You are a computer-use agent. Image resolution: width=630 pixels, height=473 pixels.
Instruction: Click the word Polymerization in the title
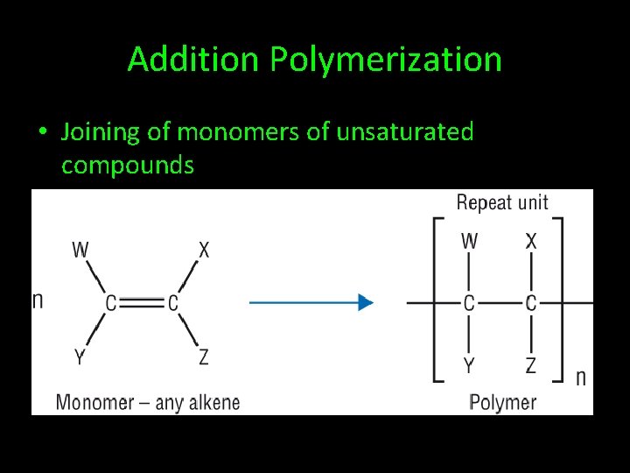coord(386,60)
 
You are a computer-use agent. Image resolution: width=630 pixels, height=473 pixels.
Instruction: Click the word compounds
coord(128,165)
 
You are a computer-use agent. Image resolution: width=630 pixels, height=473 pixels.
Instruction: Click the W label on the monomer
coord(80,251)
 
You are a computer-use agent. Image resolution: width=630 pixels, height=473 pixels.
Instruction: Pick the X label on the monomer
coord(204,251)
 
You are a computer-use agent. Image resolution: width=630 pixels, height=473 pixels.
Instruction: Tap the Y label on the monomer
coord(80,357)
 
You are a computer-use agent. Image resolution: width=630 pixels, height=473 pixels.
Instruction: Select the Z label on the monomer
coord(204,357)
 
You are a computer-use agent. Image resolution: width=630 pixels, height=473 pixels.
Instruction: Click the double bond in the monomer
coord(142,303)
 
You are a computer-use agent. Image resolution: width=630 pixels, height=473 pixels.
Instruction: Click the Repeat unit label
coord(502,203)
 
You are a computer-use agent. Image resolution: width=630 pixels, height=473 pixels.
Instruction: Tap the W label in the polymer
coord(470,241)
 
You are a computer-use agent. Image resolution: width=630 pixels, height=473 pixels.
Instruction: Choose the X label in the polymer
coord(531,241)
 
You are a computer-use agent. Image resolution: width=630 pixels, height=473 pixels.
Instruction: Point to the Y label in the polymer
coord(470,365)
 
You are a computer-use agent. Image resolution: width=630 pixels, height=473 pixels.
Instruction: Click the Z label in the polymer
coord(531,365)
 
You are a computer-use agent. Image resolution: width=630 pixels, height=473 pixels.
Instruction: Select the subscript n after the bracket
coord(580,378)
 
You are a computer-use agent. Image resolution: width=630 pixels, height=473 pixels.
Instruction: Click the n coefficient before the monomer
coord(38,300)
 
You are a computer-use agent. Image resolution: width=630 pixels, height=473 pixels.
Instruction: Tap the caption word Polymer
coord(502,403)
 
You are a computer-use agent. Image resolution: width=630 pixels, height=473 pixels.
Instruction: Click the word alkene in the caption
coord(210,403)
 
